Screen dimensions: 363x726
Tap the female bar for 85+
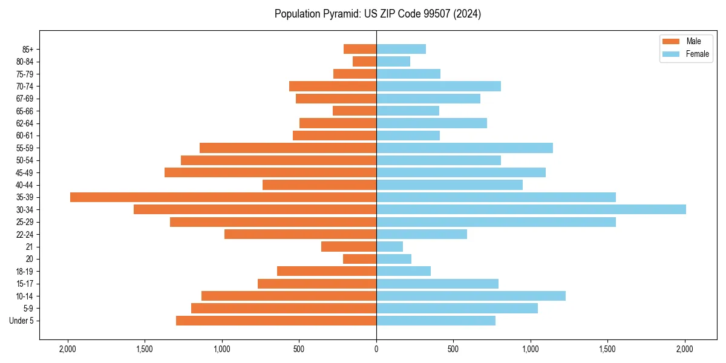click(x=401, y=49)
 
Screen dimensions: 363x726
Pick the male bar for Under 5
click(x=276, y=321)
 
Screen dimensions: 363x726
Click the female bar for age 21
click(x=389, y=247)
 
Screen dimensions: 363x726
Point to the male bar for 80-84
click(x=364, y=62)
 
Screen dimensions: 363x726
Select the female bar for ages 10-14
click(x=471, y=296)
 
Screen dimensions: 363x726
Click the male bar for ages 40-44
click(x=319, y=185)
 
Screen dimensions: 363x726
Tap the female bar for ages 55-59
click(x=464, y=148)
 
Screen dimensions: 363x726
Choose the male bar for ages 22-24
click(x=300, y=234)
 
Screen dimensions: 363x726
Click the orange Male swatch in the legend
click(x=672, y=41)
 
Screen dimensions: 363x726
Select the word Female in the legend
click(x=698, y=54)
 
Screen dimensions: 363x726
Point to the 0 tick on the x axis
click(x=376, y=349)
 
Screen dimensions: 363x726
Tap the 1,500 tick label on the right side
click(x=607, y=349)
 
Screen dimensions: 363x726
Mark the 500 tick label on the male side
click(x=299, y=349)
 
